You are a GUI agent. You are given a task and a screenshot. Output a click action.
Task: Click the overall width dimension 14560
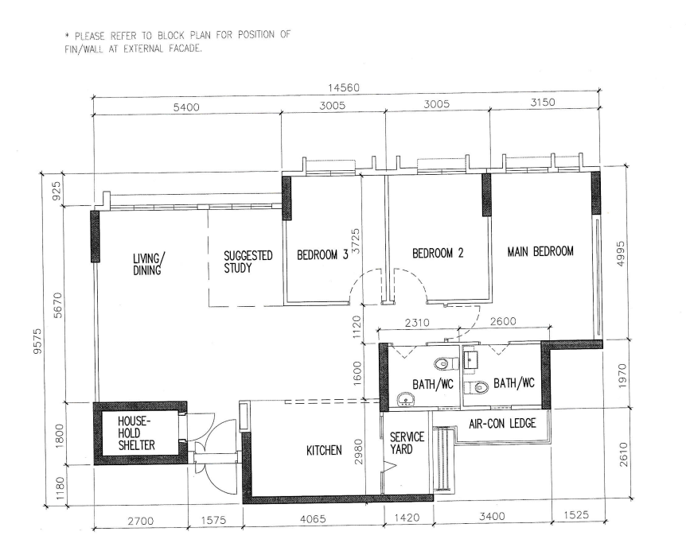(344, 88)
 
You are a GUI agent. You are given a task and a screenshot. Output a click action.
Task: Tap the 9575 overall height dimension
(37, 341)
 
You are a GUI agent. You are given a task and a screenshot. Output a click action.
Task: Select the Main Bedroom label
(540, 251)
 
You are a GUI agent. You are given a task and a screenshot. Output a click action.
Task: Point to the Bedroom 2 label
(438, 253)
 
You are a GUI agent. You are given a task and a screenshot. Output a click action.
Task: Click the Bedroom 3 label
(322, 255)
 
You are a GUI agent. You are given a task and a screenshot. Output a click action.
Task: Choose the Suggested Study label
(248, 262)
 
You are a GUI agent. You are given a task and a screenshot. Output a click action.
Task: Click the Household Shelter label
(136, 433)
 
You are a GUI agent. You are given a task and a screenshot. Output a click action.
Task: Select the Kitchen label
(324, 450)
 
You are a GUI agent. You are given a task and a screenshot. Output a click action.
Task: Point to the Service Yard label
(407, 443)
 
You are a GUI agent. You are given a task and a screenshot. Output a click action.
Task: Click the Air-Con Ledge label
(502, 423)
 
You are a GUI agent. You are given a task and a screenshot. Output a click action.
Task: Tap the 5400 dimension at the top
(186, 107)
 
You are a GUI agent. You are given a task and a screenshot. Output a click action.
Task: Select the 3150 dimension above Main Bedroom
(543, 103)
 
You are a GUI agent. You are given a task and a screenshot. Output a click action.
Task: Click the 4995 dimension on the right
(621, 254)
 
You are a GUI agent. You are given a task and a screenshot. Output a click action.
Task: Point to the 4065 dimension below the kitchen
(313, 519)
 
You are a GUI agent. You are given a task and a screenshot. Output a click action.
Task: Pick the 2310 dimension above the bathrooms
(417, 323)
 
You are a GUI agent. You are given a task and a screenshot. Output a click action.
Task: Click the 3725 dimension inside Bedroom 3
(356, 241)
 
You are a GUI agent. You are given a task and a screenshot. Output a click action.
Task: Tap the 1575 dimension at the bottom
(213, 520)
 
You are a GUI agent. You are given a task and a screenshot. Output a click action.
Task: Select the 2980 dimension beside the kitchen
(358, 452)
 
